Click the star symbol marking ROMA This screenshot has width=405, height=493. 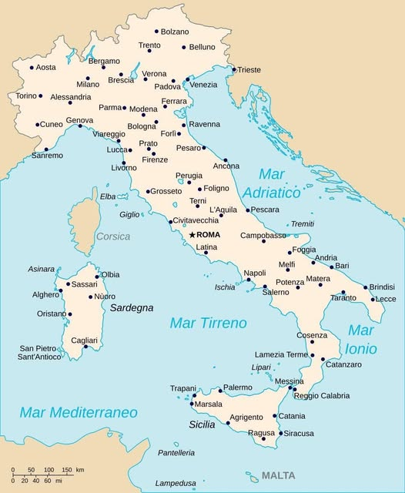point(192,234)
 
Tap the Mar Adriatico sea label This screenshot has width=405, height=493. point(279,183)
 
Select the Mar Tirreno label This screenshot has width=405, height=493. point(208,323)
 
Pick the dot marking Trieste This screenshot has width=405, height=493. point(233,69)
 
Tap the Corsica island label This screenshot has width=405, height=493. point(113,236)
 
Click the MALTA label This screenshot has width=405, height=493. point(278,475)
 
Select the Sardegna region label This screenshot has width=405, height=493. point(132,307)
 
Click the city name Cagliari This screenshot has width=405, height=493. point(85,340)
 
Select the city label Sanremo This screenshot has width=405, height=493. point(26,156)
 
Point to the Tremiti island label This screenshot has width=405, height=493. point(303,223)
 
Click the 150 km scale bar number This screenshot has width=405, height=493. point(68,470)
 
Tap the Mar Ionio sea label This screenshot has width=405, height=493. point(360,339)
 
